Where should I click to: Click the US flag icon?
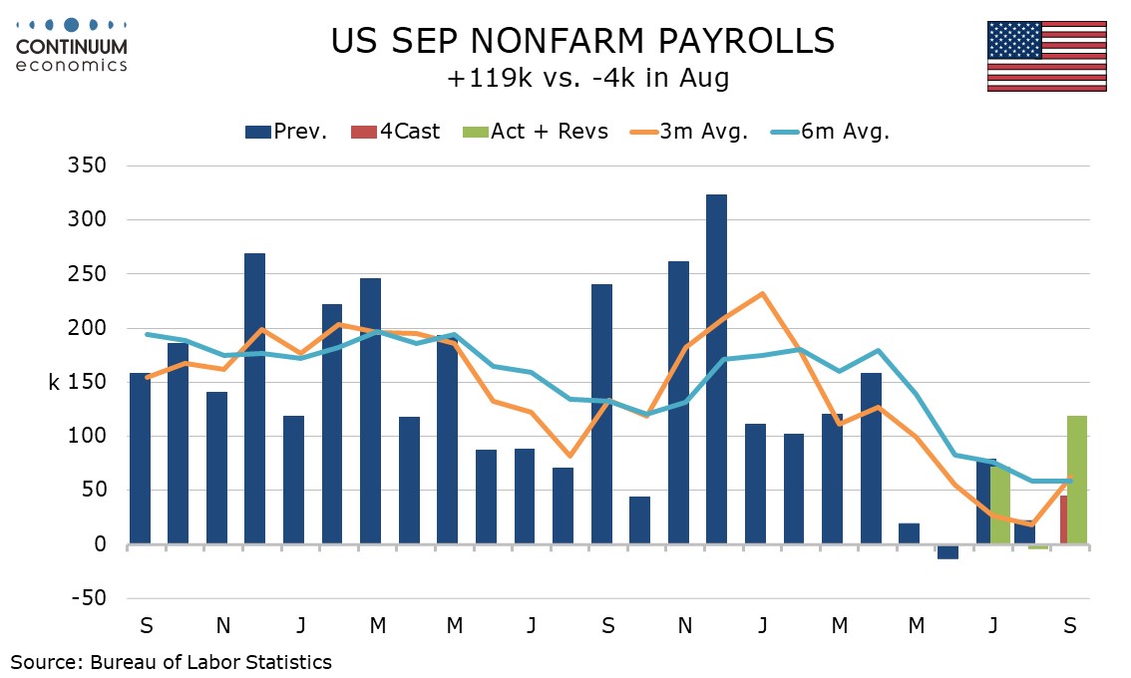point(1046,56)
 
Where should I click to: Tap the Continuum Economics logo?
point(71,43)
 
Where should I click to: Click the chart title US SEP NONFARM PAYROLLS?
point(582,41)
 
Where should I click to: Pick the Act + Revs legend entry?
point(535,132)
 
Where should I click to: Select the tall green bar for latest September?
point(1077,480)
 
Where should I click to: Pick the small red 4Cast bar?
point(1064,519)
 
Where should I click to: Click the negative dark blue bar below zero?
point(947,551)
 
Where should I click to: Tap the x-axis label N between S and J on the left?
point(223,626)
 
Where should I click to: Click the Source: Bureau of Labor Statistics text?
point(172,661)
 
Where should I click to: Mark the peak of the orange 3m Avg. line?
point(762,293)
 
